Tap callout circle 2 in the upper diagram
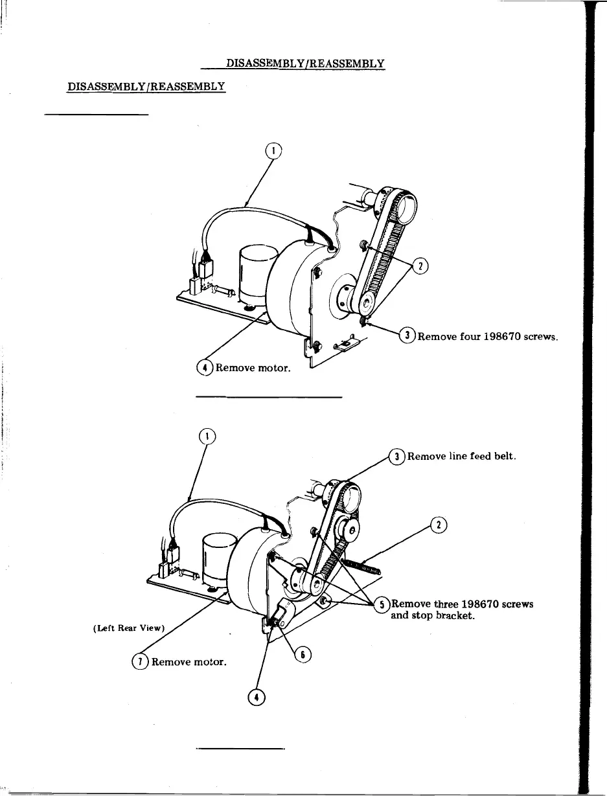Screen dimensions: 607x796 421,266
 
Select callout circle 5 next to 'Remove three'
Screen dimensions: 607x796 383,604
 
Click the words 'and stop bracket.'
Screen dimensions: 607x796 433,615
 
